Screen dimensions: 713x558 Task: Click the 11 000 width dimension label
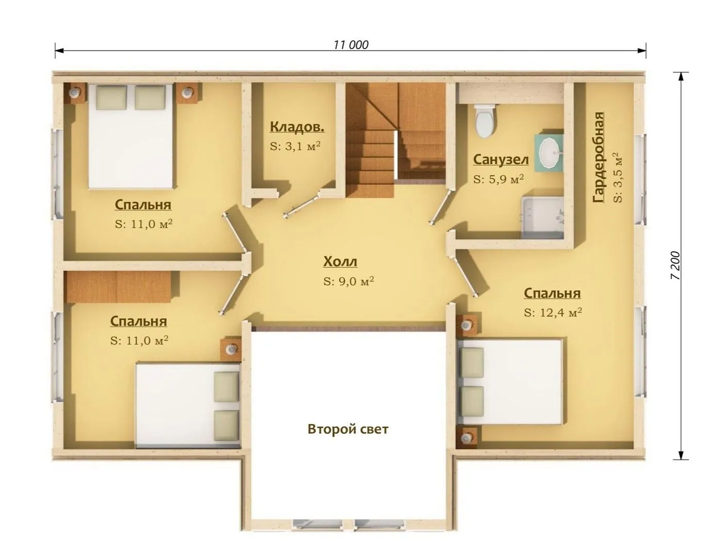351,44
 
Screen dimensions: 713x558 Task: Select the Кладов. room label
297,127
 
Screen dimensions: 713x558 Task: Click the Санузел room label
501,160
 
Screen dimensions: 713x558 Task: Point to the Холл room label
341,262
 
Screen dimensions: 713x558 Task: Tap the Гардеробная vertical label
598,157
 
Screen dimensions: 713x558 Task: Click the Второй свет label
348,429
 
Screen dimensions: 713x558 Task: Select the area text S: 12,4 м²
553,312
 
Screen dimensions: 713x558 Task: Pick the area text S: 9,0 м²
348,281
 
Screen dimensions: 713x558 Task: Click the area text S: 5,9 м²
498,179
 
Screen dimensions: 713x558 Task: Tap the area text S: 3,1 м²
295,146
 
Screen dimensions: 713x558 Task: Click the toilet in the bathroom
485,120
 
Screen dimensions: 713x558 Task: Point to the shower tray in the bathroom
542,217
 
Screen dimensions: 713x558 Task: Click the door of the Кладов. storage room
302,207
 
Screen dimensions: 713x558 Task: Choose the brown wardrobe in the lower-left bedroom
118,286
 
